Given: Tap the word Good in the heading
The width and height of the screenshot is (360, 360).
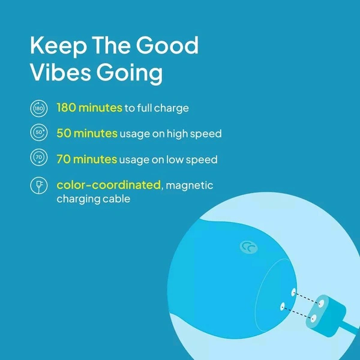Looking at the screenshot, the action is (167, 45).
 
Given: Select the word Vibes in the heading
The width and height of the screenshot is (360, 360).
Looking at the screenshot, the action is (61, 72).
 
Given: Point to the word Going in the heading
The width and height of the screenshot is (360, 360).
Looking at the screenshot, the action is (130, 73).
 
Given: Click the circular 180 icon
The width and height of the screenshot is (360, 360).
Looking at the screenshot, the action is (39, 108).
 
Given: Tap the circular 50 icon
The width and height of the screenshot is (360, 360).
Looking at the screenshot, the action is (39, 133).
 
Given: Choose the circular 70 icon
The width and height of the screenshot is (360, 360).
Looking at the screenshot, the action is (39, 157).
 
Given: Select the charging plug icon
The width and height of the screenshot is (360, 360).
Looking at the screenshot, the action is (39, 185).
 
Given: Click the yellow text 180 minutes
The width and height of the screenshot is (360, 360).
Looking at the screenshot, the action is (89, 107).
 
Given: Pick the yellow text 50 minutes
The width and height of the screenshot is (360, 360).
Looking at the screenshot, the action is (87, 133).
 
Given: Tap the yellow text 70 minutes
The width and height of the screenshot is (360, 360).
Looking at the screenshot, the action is (87, 159).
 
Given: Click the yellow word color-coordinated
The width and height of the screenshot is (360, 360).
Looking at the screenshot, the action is (109, 185).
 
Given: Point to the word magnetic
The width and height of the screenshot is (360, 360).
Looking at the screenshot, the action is (190, 185).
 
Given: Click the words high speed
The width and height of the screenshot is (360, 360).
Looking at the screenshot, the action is (194, 134).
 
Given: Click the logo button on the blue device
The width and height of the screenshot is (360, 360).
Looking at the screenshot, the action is (248, 247).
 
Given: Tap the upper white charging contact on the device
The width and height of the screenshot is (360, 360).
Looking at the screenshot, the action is (293, 292).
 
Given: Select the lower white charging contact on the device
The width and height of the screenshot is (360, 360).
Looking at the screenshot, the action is (283, 306).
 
